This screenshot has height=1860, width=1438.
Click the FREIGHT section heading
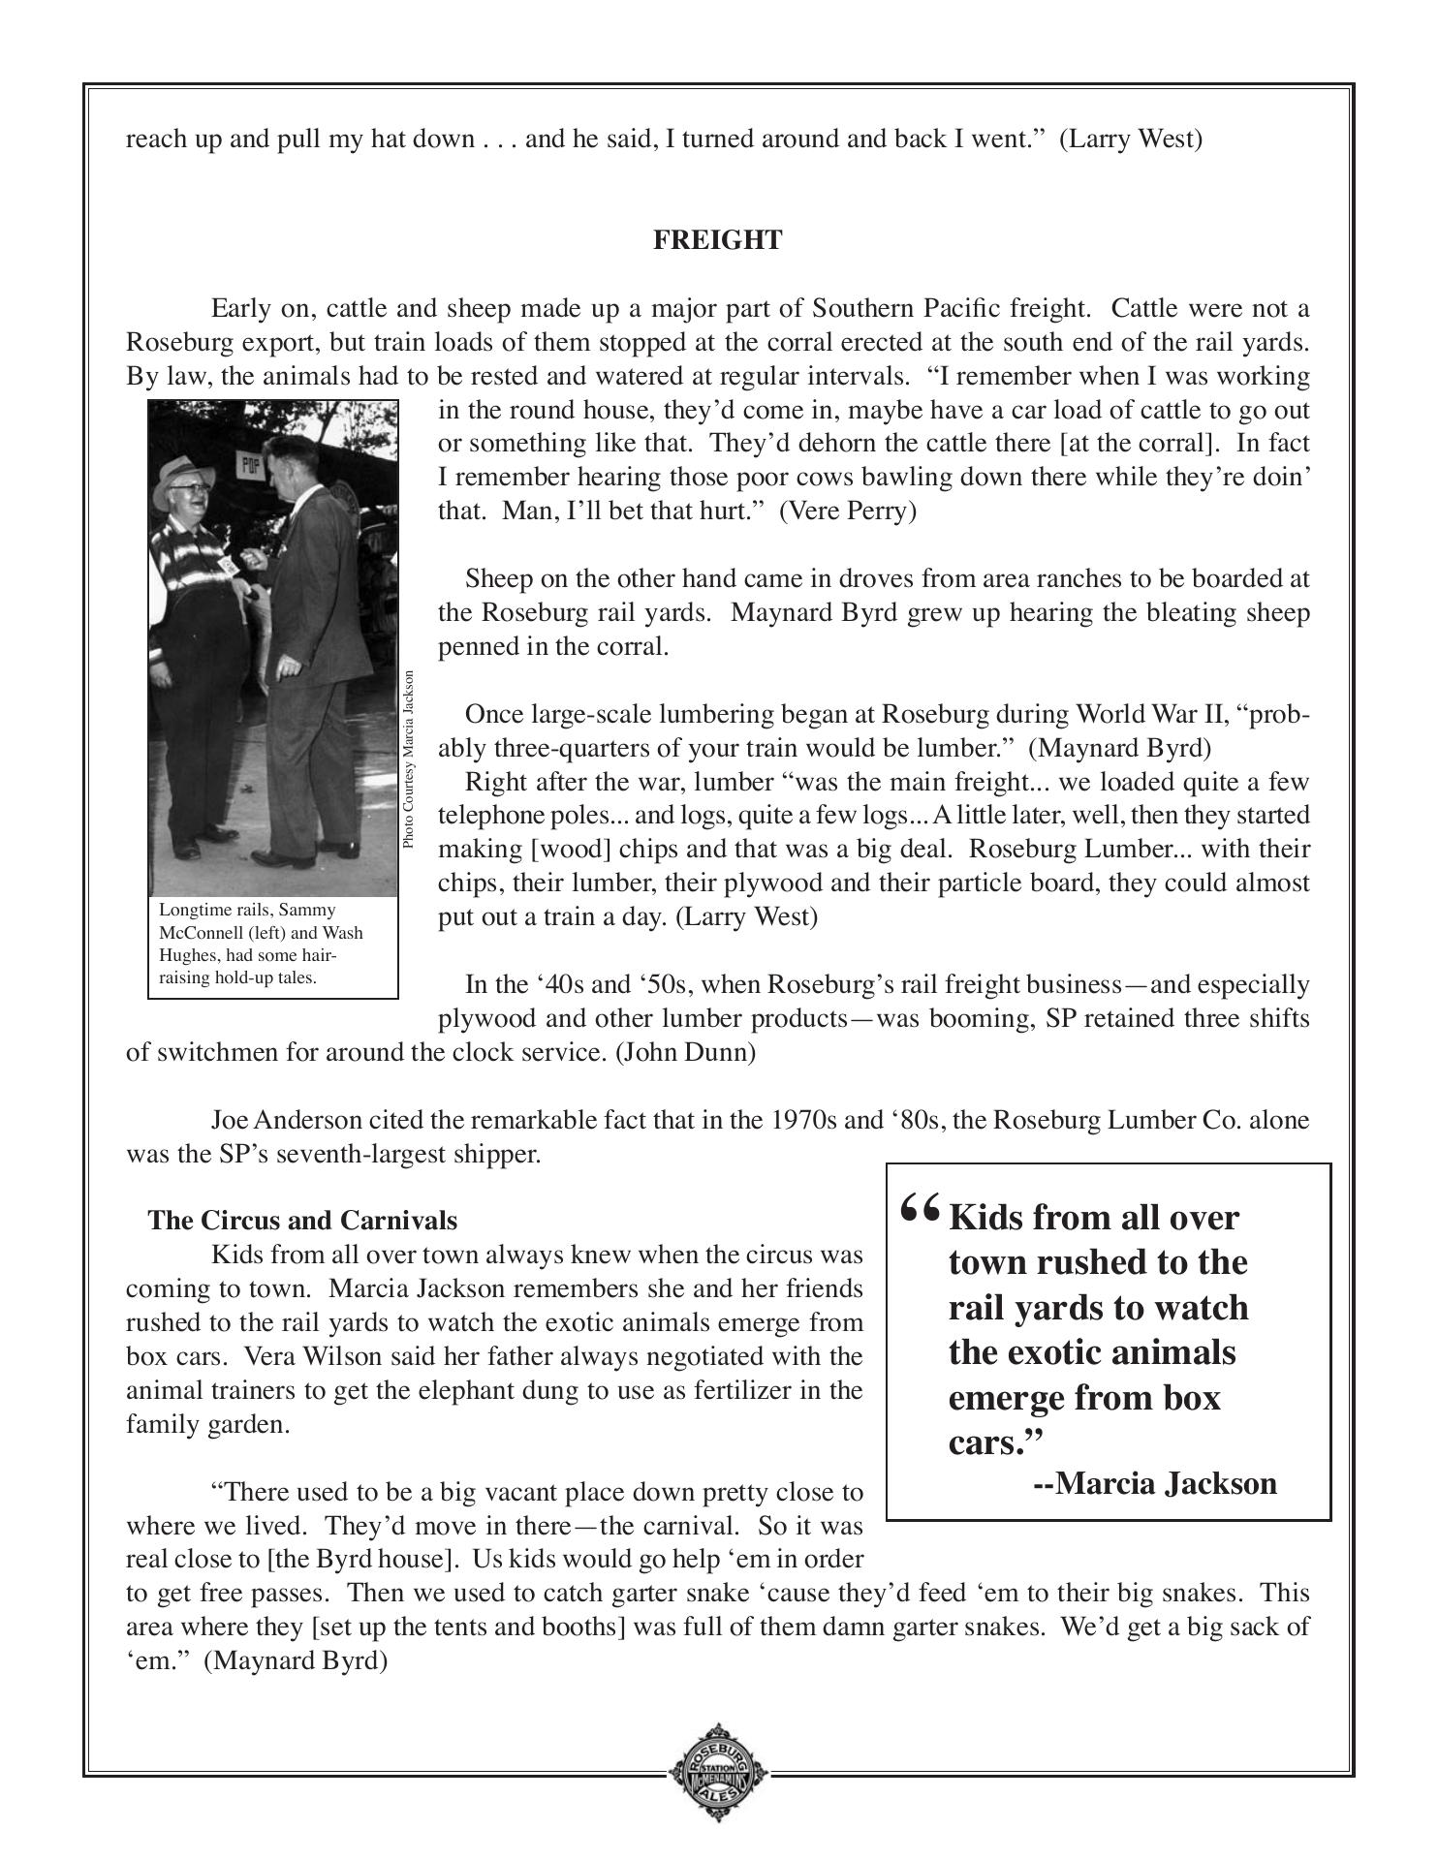click(717, 240)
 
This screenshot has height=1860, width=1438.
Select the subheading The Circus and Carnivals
click(302, 1221)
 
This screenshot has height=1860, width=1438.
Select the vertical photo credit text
click(409, 760)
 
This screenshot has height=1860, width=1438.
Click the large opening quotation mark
click(920, 1211)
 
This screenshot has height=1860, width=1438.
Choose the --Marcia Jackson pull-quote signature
click(1155, 1483)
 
